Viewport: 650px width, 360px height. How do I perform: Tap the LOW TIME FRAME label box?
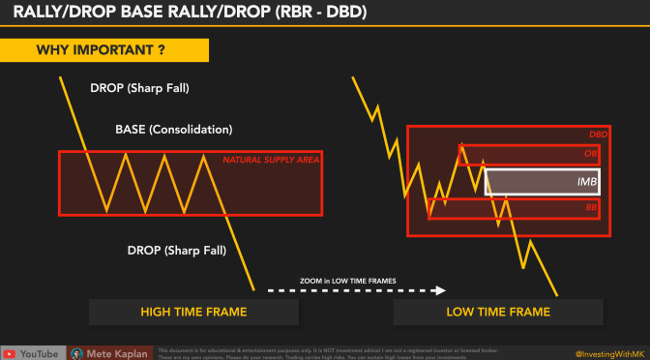click(x=498, y=311)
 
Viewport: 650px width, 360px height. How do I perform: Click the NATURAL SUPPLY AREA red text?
click(x=271, y=160)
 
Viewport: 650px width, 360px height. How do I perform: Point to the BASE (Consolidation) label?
click(x=174, y=129)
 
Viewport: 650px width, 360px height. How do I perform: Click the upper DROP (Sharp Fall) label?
click(x=140, y=88)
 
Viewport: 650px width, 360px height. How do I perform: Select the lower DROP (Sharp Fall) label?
click(x=176, y=250)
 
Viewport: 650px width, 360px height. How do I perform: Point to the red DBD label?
click(x=598, y=135)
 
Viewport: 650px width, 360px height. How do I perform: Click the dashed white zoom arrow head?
click(x=440, y=289)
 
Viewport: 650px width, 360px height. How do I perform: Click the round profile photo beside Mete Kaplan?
click(x=76, y=352)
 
